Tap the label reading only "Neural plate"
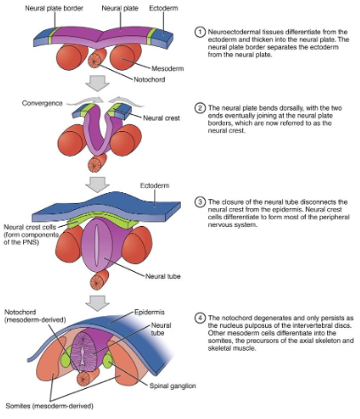(x=118, y=8)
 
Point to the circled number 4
(x=200, y=316)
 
